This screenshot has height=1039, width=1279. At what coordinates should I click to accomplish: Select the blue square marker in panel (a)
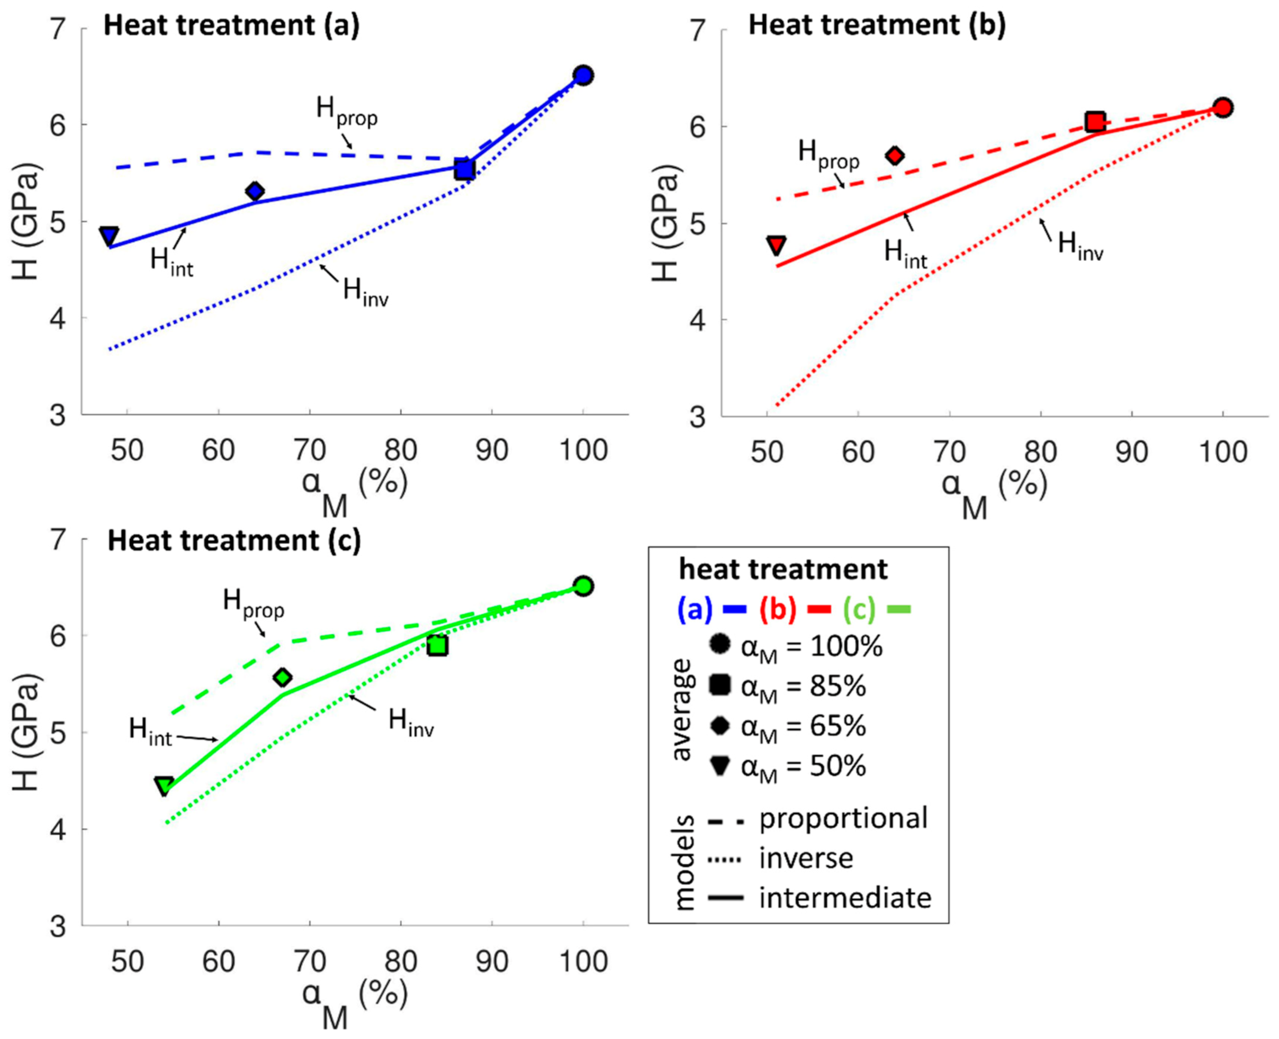464,169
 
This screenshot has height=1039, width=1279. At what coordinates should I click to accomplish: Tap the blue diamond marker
255,192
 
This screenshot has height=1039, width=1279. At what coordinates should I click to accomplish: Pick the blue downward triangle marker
109,236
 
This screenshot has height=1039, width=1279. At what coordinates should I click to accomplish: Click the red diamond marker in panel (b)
895,156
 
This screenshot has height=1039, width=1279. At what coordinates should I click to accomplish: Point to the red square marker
1095,122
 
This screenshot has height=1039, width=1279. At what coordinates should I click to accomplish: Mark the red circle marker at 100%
1223,108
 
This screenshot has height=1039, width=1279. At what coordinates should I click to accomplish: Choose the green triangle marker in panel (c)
165,786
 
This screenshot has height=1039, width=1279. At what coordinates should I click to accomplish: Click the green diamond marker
283,677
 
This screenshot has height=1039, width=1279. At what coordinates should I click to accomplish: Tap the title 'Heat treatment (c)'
234,540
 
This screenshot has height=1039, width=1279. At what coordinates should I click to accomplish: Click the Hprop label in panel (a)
347,111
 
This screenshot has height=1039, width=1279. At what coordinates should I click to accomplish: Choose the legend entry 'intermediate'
845,898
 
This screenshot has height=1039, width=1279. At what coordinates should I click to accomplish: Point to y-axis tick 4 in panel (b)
698,320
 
